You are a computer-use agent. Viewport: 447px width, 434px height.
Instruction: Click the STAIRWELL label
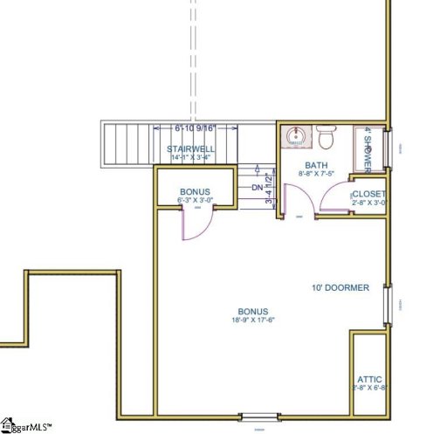tap(191, 149)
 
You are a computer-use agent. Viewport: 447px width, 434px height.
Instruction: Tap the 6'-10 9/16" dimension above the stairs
tap(196, 129)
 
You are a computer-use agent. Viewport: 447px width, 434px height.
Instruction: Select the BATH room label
tap(315, 165)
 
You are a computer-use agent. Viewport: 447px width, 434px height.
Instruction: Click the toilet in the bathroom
tap(327, 138)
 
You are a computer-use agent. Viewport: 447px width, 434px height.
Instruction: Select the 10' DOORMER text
tap(340, 287)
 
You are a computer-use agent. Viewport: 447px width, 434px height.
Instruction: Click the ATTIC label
tap(369, 380)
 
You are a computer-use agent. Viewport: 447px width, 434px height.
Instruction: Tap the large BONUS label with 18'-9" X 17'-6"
tap(252, 312)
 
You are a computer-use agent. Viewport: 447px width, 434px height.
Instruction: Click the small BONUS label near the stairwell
tap(195, 191)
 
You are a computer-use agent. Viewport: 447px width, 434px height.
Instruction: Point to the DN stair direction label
tap(257, 187)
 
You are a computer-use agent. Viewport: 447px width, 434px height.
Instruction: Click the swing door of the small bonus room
tap(194, 224)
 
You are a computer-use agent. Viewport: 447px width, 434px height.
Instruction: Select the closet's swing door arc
tap(334, 200)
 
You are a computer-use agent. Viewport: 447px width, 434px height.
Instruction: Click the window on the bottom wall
tap(258, 417)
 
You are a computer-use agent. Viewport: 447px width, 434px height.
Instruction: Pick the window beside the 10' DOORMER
tap(389, 304)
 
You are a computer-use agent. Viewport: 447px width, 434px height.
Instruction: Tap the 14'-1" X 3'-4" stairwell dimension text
tap(191, 158)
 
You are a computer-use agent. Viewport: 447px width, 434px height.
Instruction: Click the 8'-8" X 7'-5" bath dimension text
tap(315, 174)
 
